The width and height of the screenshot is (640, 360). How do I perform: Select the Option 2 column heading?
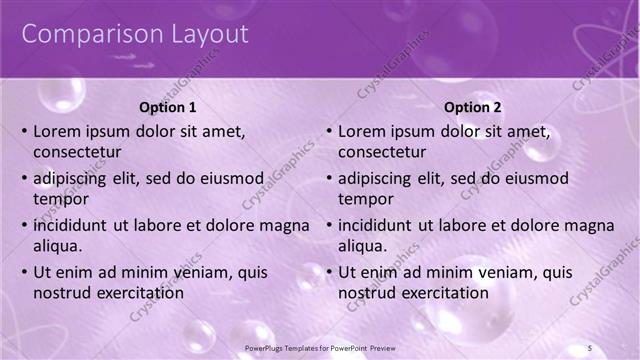point(473,107)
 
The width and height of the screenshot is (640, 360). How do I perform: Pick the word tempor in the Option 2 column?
point(366,199)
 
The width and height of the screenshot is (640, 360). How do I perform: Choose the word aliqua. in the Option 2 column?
point(364,245)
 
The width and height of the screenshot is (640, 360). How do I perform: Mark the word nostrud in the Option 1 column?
point(62,293)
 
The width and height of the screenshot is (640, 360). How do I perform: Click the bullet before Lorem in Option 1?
point(24,132)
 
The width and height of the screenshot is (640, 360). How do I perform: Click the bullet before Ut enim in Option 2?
point(328,272)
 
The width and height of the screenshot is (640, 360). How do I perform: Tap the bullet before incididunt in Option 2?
point(328,225)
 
